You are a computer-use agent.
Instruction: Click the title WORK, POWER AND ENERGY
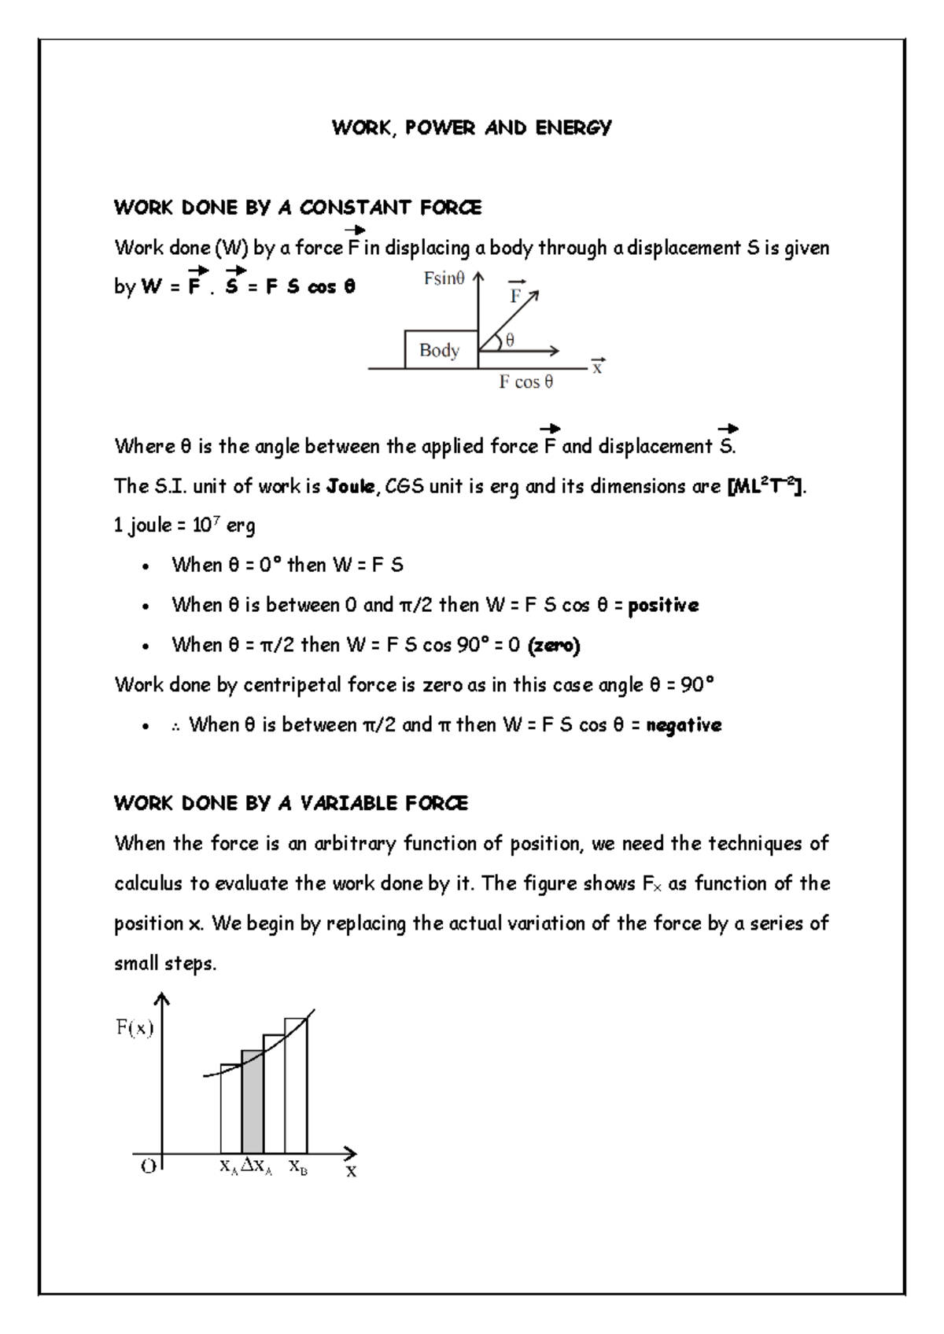coord(471,127)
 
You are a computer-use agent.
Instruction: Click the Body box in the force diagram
coord(440,350)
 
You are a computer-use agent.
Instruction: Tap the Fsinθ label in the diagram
coord(444,278)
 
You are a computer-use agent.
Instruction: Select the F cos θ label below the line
coord(526,382)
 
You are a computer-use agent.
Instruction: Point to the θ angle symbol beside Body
coord(510,340)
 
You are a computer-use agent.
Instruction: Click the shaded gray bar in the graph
coord(253,1101)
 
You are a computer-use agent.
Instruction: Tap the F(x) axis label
coord(135,1027)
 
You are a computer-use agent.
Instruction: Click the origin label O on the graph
coord(148,1167)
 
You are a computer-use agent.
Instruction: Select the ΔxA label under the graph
coord(256,1167)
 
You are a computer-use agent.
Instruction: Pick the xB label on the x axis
coord(297,1167)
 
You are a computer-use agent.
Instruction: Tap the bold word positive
coord(663,605)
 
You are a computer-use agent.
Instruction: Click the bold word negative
coord(683,724)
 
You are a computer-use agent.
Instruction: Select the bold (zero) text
coord(554,645)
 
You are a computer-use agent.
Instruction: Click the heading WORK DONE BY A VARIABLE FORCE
coord(291,803)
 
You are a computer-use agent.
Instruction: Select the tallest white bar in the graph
coord(296,1085)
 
